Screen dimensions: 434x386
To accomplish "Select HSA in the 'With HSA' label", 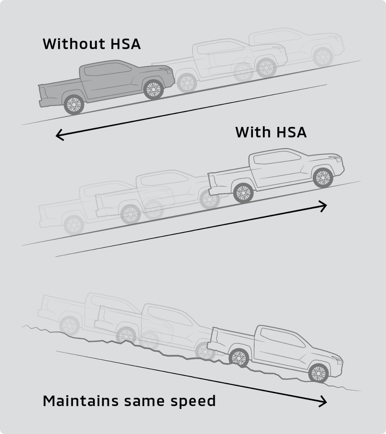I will [x=291, y=132].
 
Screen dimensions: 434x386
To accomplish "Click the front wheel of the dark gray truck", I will [x=153, y=90].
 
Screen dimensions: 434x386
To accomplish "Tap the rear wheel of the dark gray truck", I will [x=74, y=104].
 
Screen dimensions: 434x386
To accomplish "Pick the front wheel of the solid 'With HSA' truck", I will [x=322, y=177].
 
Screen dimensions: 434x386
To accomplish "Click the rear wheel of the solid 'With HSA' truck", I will [x=243, y=193].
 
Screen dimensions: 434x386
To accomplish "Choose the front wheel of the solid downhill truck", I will [x=318, y=373].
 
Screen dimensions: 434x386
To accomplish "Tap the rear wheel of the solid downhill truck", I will [x=239, y=357].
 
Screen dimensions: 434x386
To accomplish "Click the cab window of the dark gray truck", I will [x=108, y=69].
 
